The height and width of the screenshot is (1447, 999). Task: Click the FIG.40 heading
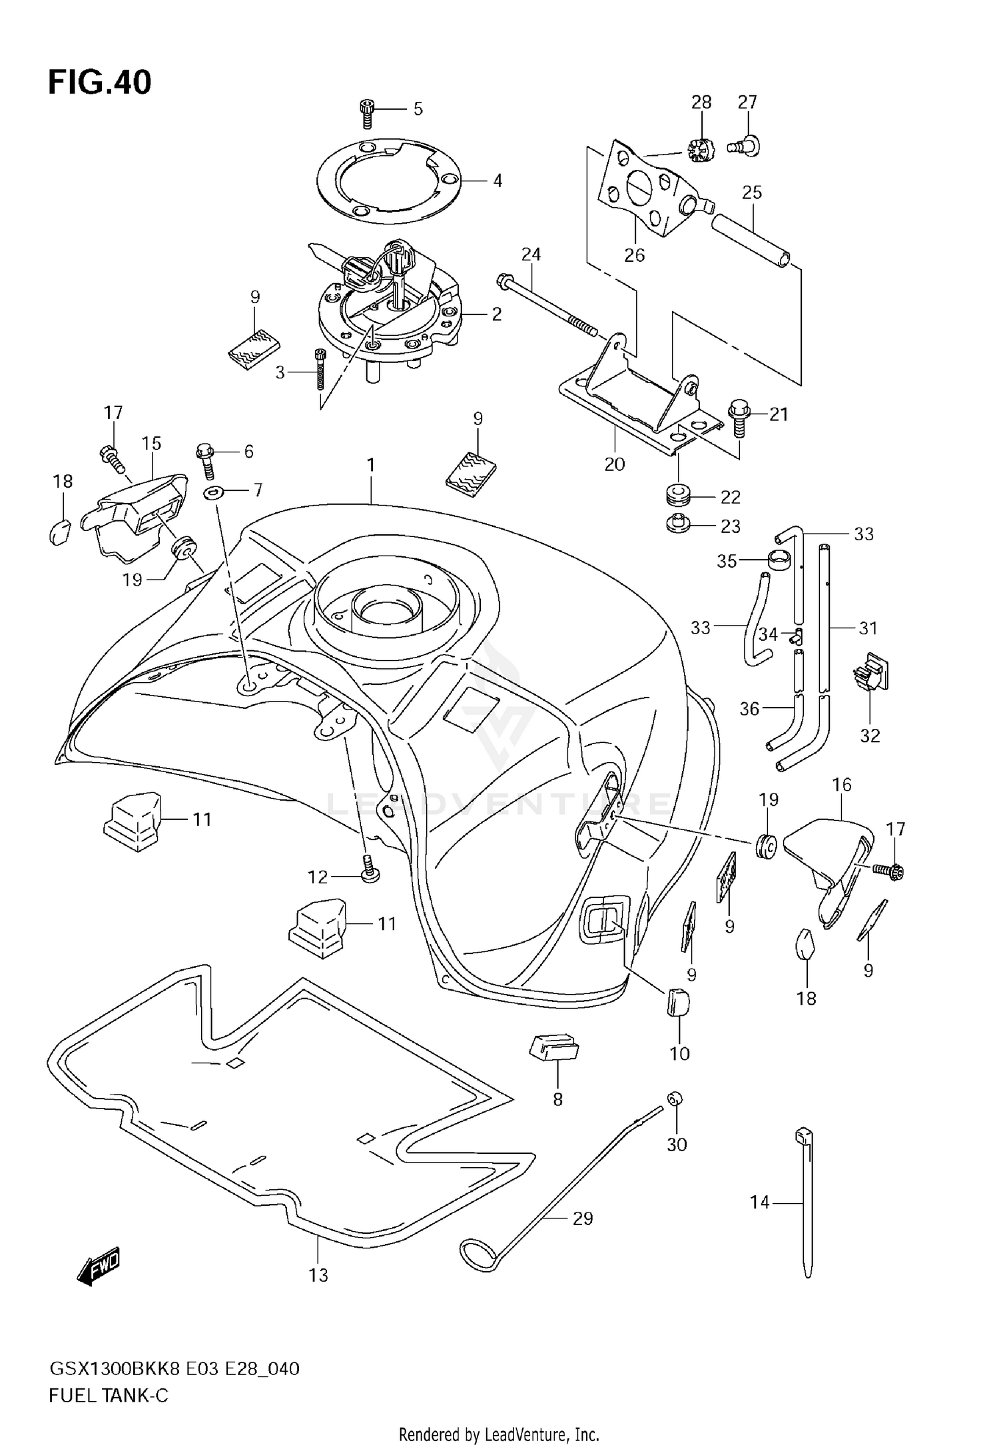click(x=100, y=82)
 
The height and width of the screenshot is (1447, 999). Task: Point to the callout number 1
click(x=371, y=465)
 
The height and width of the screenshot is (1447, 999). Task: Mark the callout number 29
click(x=583, y=1218)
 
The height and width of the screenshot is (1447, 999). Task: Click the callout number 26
click(x=634, y=255)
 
